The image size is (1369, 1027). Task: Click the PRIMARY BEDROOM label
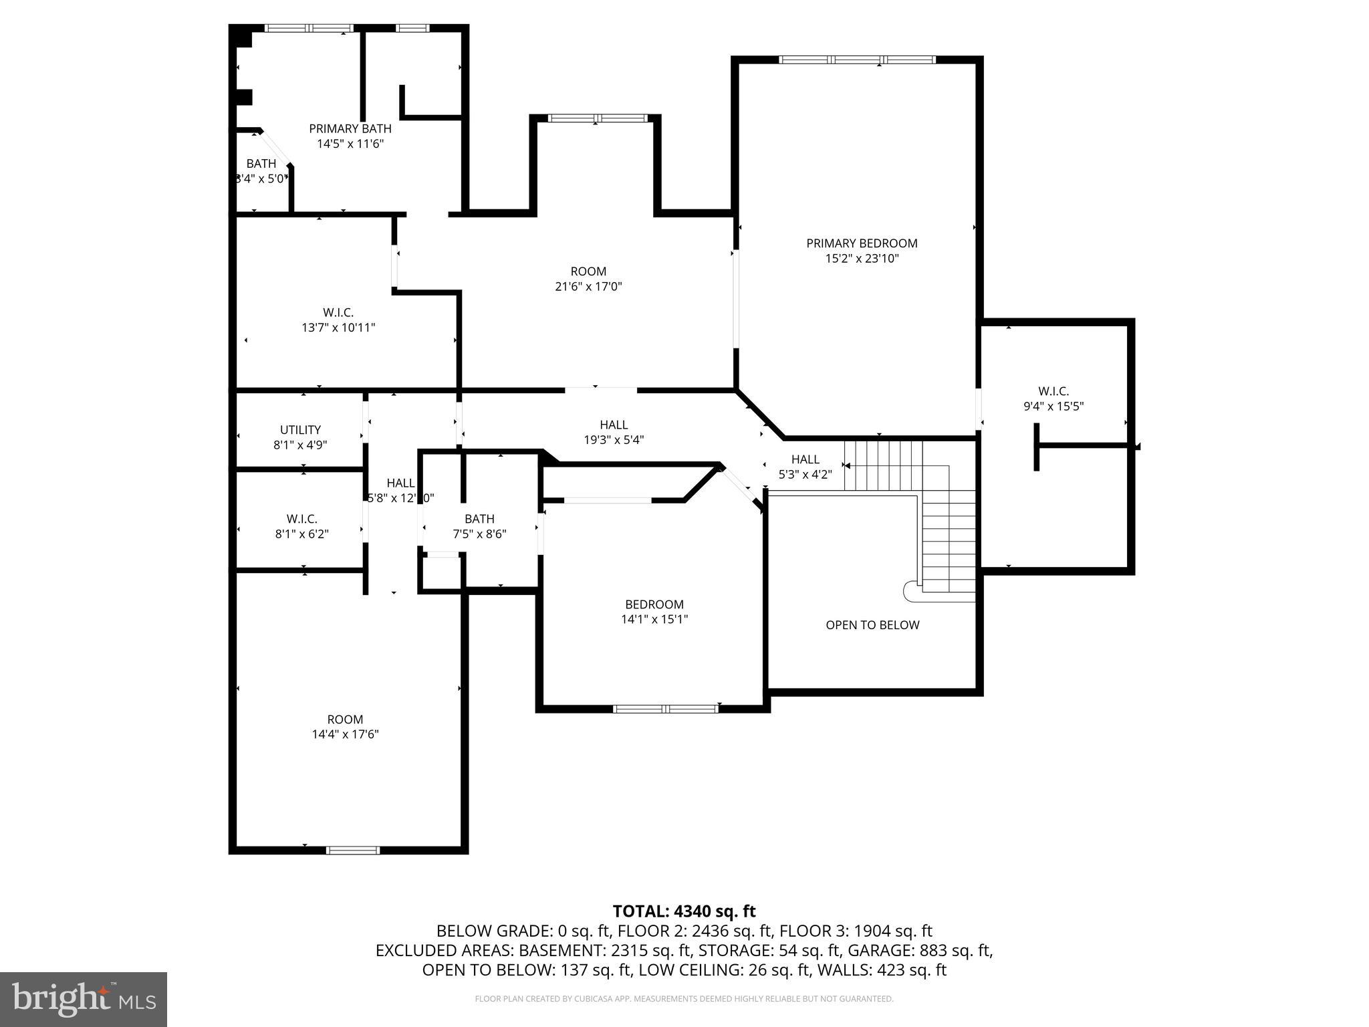[x=862, y=243]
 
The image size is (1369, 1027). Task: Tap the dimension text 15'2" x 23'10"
[x=862, y=259]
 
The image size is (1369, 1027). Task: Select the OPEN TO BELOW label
[x=872, y=625]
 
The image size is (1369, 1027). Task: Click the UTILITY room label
[x=300, y=430]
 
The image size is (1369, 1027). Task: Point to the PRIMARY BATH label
[x=350, y=128]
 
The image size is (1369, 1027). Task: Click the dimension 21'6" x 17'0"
[x=588, y=287]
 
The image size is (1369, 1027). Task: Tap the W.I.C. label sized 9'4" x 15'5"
[x=1053, y=391]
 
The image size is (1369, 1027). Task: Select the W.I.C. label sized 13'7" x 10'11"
[x=338, y=312]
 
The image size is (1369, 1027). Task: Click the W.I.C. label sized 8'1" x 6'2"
[x=301, y=519]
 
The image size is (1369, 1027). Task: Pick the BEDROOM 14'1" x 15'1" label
[x=654, y=604]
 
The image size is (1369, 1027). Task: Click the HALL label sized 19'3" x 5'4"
[x=613, y=425]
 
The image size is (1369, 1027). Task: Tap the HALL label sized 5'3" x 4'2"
[x=805, y=459]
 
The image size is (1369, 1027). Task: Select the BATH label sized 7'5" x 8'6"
[x=479, y=519]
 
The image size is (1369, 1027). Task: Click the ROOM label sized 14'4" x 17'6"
[x=345, y=719]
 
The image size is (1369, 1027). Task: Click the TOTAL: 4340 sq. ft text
[x=684, y=911]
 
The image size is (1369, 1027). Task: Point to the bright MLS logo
[x=84, y=999]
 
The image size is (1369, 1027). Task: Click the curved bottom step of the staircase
[x=911, y=591]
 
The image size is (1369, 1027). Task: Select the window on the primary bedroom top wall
[x=857, y=60]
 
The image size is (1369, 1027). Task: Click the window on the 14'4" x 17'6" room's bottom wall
[x=352, y=850]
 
